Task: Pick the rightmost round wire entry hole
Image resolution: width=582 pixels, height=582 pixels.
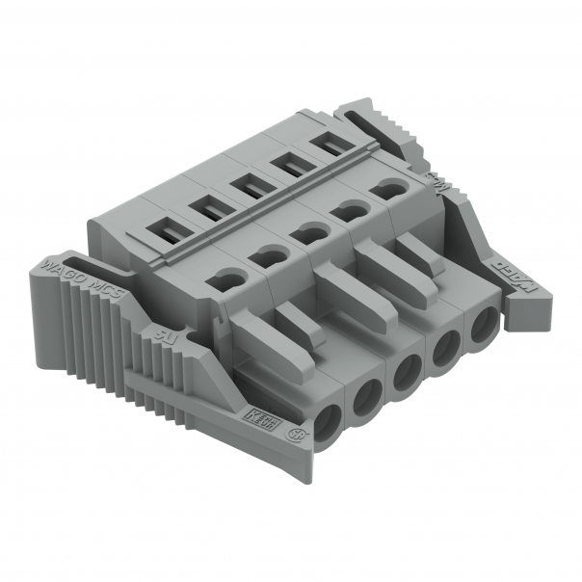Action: click(479, 327)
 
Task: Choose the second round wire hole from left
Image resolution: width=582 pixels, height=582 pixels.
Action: click(368, 396)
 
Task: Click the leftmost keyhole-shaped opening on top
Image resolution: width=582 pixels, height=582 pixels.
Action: click(228, 280)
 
